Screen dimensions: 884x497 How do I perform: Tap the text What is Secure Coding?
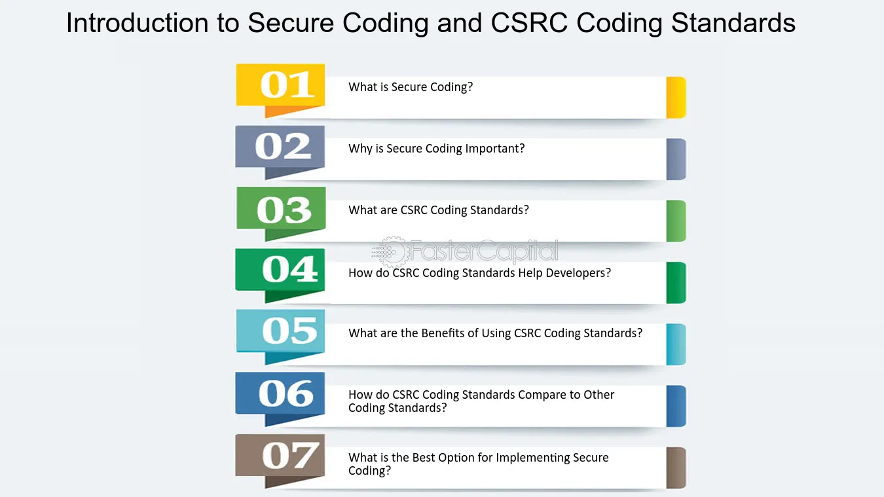click(x=411, y=87)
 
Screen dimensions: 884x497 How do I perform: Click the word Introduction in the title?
click(x=138, y=22)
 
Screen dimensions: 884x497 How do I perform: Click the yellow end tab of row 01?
click(x=676, y=98)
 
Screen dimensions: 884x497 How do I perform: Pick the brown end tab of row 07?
click(x=676, y=468)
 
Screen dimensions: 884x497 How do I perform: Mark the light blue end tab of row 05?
click(x=676, y=344)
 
